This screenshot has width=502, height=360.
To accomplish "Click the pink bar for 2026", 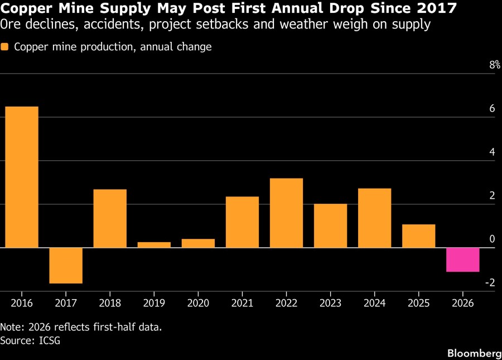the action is (x=462, y=260).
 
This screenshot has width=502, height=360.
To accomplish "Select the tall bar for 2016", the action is (x=22, y=177).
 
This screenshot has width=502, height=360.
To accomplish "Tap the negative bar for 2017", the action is (x=66, y=266).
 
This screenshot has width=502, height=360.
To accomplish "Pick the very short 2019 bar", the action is (x=154, y=244).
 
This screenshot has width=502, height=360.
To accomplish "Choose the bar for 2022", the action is (x=286, y=213).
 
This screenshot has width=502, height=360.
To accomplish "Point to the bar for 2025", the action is (x=419, y=236).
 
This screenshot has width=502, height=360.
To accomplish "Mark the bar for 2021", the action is (x=243, y=222).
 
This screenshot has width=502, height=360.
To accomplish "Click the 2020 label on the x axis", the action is (x=198, y=303).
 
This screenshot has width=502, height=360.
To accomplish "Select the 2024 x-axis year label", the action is (x=375, y=303).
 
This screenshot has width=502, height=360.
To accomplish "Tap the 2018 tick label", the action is (x=110, y=303).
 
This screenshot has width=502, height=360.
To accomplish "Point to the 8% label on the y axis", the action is (x=495, y=65).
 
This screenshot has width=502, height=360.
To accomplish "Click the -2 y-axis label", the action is (x=490, y=282).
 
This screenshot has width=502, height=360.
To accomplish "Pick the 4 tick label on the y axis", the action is (x=493, y=152).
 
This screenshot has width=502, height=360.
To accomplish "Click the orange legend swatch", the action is (x=4, y=47).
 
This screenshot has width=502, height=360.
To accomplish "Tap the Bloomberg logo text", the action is (x=475, y=353).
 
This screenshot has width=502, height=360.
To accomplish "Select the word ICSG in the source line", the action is (x=50, y=340).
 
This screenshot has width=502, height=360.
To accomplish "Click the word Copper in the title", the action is (x=27, y=8).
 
